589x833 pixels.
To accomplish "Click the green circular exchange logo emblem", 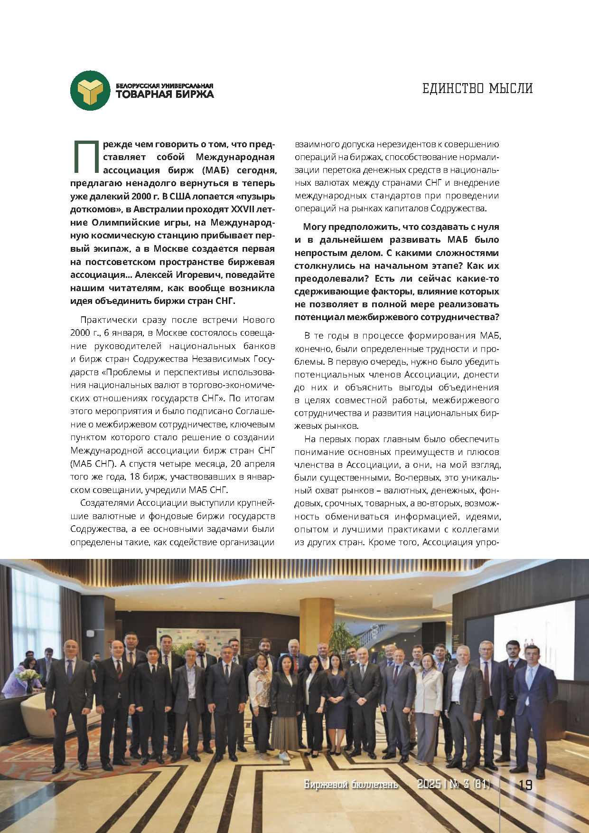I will [x=91, y=90].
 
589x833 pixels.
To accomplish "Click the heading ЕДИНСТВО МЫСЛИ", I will [x=477, y=88].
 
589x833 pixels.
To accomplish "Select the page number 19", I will [x=525, y=785].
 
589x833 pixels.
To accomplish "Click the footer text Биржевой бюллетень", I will [x=351, y=785].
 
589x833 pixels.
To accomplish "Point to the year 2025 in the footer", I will [x=429, y=785].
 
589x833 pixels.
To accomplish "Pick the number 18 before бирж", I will [x=135, y=477].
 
